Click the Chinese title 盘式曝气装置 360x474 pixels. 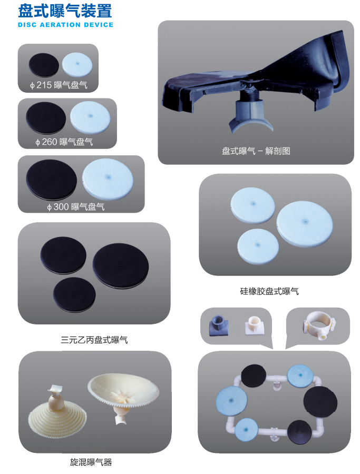pyautogui.click(x=65, y=11)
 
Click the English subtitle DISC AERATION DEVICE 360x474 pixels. pyautogui.click(x=65, y=25)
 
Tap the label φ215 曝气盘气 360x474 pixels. pyautogui.click(x=59, y=85)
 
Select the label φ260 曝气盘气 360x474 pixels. pyautogui.click(x=64, y=142)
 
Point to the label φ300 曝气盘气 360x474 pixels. pyautogui.click(x=75, y=207)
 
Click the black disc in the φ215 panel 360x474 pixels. pyautogui.click(x=44, y=65)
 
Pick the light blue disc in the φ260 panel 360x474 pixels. pyautogui.click(x=90, y=117)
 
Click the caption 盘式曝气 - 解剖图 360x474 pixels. pyautogui.click(x=256, y=151)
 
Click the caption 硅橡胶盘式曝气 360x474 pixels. pyautogui.click(x=269, y=291)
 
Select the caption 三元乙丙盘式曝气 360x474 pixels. pyautogui.click(x=94, y=340)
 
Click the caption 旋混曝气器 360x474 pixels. pyautogui.click(x=91, y=462)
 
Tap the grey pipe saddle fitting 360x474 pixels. pyautogui.click(x=218, y=325)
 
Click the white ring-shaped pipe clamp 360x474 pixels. pyautogui.click(x=319, y=324)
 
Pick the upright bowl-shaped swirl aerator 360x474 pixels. pyautogui.click(x=123, y=393)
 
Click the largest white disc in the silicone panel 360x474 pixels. pyautogui.click(x=305, y=224)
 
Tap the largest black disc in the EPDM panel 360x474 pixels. pyautogui.click(x=121, y=266)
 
